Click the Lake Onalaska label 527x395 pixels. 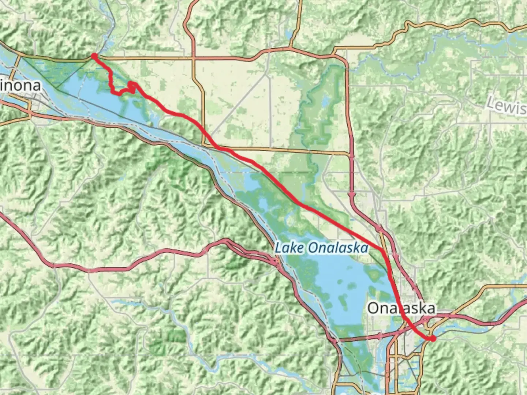321,248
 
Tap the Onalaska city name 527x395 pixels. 401,308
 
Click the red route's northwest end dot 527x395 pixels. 94,56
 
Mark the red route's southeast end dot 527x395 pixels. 433,339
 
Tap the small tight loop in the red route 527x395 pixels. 132,86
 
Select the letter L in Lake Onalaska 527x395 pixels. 279,248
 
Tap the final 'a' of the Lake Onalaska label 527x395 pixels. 363,249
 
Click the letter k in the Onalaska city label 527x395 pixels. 420,308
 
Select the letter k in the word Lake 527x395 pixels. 294,248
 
